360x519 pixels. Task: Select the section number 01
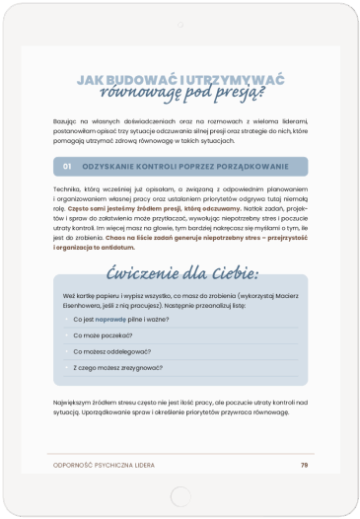click(x=67, y=166)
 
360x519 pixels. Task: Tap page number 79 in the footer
click(x=304, y=464)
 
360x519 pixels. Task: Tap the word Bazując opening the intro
click(x=66, y=119)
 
